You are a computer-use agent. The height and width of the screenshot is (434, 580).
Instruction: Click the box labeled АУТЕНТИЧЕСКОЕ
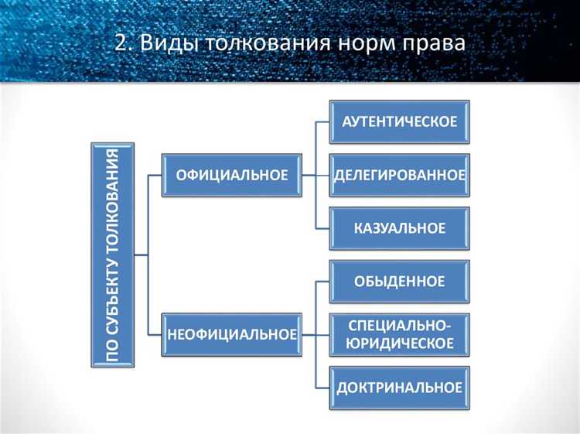pos(400,121)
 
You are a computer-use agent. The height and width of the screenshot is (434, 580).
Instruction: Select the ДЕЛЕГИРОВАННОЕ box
pos(400,175)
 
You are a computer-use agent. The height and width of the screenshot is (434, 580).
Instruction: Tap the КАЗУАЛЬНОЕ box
pos(400,228)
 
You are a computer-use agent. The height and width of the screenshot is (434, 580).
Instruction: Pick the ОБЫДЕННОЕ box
pos(400,281)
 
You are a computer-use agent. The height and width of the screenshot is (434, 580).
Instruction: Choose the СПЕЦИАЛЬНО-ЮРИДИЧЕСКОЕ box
pos(400,334)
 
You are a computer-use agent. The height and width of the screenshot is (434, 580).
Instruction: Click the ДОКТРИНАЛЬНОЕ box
pos(400,387)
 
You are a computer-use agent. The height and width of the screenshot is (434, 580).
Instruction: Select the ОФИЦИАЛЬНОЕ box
pos(232,175)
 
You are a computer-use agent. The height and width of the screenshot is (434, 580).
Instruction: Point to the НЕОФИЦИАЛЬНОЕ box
pos(232,334)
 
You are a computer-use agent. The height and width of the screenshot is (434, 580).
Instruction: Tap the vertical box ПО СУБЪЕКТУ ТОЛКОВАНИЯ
pos(113,255)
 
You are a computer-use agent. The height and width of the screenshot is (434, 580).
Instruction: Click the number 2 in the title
pos(121,43)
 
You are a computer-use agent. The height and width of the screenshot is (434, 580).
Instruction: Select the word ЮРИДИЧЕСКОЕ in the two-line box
pos(400,343)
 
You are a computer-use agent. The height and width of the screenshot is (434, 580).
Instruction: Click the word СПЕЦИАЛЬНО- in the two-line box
pos(400,325)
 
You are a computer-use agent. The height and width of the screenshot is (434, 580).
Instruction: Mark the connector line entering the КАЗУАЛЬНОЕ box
pos(323,228)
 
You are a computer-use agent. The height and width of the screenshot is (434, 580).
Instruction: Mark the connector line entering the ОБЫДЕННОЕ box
pos(323,281)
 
